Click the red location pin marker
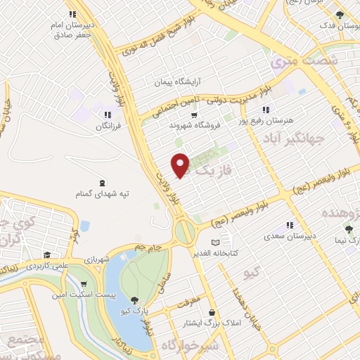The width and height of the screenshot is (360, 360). coord(181,165)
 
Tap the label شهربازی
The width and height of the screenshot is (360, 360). coord(95,259)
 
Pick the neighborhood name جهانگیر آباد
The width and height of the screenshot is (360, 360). coord(288,138)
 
